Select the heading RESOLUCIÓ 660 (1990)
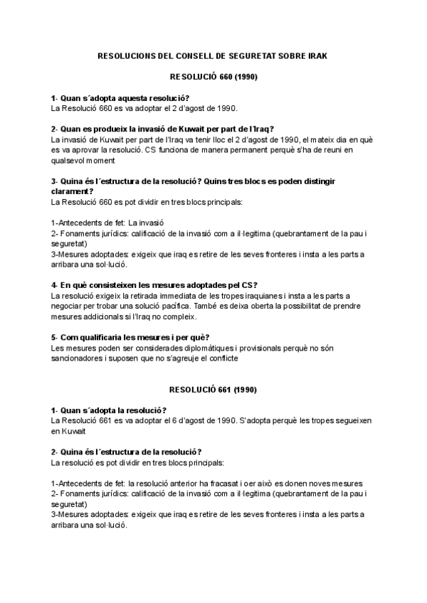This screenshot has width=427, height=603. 213,76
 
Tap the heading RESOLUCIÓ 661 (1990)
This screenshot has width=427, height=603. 213,390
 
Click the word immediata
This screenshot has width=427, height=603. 169,296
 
